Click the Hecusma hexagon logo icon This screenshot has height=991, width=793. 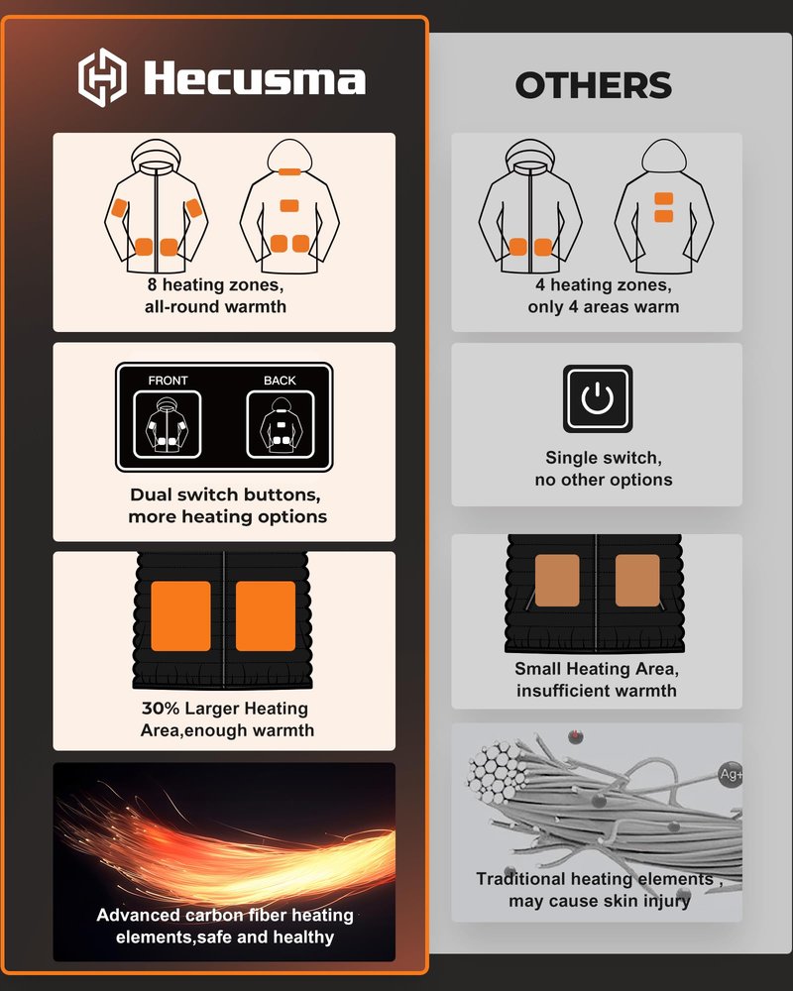coord(102,77)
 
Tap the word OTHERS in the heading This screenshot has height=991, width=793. coord(593,85)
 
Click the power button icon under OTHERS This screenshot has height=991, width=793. coord(598,398)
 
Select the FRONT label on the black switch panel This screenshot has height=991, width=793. coord(168,381)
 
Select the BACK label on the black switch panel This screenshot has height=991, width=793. coord(280,381)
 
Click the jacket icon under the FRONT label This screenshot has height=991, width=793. coord(167,424)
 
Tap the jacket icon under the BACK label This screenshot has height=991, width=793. coord(281,424)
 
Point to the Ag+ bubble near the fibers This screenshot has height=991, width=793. coord(731,774)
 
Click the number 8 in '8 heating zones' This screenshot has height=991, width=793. coord(152,285)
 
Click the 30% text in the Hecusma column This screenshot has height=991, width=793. coord(161,709)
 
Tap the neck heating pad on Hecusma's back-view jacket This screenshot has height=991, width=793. coord(289,171)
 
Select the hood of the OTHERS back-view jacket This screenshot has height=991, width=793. coord(664,155)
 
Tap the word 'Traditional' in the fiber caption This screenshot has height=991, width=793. coord(520,879)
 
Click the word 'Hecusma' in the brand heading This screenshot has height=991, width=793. coord(254,78)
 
